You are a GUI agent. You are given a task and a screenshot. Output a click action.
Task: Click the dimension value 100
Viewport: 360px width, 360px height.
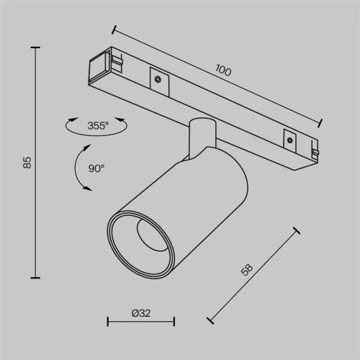point(224,71)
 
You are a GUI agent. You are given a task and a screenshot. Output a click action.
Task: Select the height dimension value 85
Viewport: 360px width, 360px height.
point(27,163)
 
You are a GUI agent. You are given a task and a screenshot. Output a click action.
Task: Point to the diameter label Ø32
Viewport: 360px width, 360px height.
point(141,314)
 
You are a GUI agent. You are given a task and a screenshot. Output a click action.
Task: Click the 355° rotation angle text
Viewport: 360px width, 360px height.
point(97,125)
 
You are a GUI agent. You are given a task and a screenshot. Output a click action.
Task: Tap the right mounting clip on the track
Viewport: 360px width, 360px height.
point(289,138)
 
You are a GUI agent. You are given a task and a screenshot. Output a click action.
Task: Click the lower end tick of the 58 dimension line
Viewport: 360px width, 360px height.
point(208,319)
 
